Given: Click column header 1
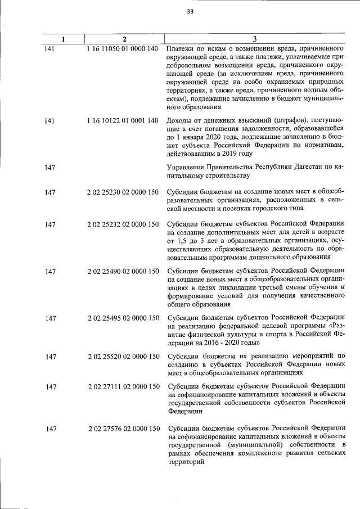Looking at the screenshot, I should click(x=63, y=39).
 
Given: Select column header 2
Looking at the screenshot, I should click(x=124, y=39).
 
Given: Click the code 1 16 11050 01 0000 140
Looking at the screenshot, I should click(x=123, y=49).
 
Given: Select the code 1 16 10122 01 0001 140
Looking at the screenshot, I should click(x=123, y=120).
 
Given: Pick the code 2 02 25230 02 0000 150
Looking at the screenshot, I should click(x=123, y=193).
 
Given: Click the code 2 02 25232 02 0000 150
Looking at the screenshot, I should click(x=123, y=226).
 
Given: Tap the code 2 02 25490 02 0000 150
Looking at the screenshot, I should click(x=123, y=271).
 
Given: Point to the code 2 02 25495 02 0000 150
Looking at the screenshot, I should click(x=123, y=317).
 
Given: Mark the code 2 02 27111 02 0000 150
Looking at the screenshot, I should click(x=123, y=386).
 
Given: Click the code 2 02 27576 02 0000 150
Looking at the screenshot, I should click(x=123, y=429).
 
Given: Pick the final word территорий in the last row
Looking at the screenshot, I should click(x=186, y=462).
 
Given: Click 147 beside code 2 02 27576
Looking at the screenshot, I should click(x=51, y=429).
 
